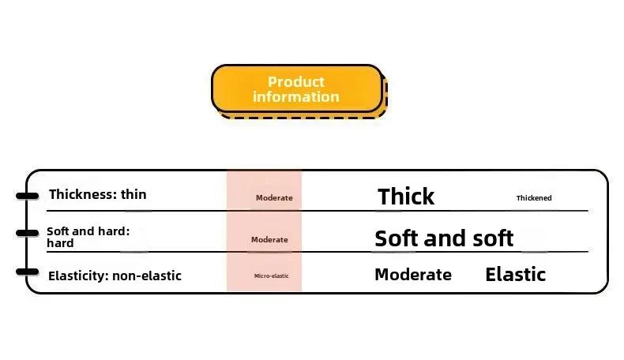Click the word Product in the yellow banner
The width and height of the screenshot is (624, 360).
point(296,82)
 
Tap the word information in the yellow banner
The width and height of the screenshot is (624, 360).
point(296,96)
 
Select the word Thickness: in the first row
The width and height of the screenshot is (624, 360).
point(83,194)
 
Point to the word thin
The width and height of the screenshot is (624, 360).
point(133,194)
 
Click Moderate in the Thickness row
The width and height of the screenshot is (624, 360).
point(274,197)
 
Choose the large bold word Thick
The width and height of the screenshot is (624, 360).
point(406,197)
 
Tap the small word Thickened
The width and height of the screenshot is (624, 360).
point(534,197)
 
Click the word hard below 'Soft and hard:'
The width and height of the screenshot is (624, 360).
point(60,243)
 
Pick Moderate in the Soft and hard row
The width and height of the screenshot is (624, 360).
point(269,239)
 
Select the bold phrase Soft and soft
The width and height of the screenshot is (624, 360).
point(444,238)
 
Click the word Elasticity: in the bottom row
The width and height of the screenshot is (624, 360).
point(78,276)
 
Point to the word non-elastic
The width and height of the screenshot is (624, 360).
point(147,276)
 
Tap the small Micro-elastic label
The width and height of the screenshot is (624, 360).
point(272,276)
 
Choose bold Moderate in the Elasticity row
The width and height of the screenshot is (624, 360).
point(413,275)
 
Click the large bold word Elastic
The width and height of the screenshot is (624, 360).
point(515,275)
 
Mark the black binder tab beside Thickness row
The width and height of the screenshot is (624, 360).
point(27,195)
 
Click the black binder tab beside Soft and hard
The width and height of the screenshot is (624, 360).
point(27,233)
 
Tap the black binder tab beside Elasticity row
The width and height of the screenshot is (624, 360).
point(27,272)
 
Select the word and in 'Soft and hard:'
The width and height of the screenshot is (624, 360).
point(83,231)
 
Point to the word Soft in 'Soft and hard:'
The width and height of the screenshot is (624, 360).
point(58,231)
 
